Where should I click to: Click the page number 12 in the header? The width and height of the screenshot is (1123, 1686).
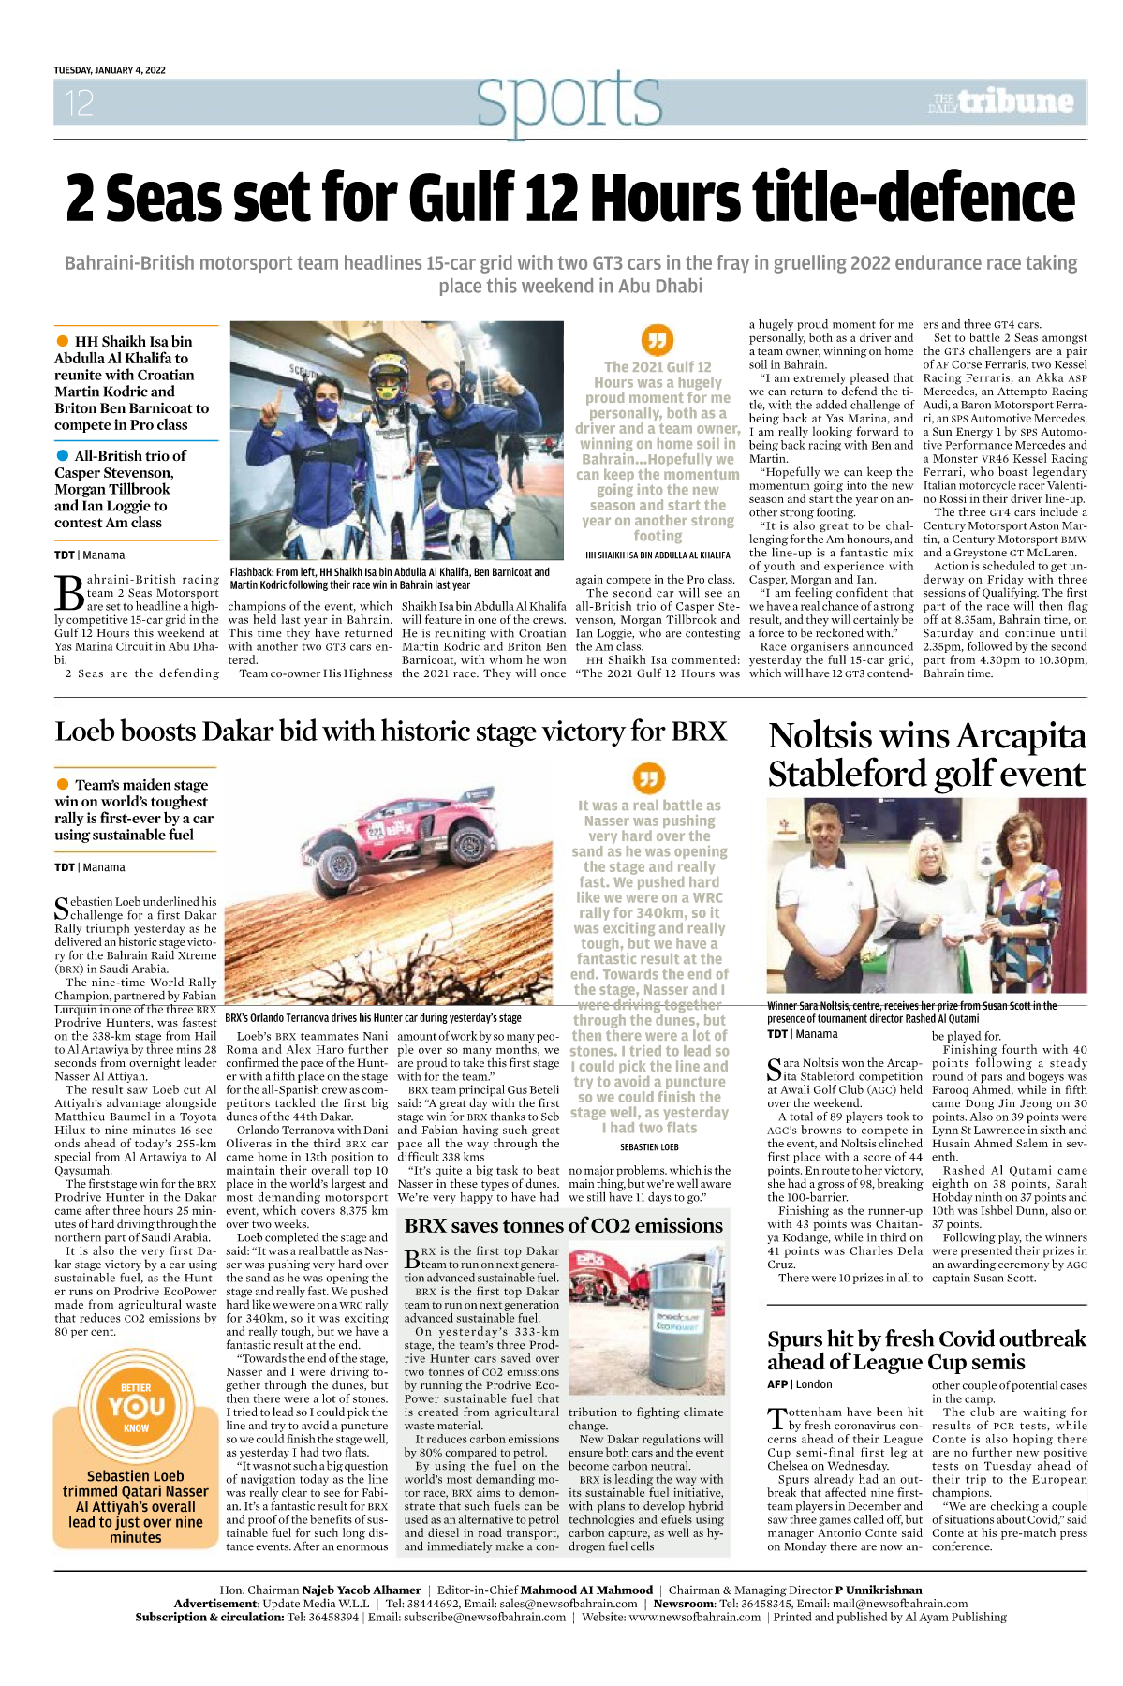coord(79,103)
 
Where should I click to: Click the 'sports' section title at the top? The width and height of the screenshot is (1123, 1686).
coord(568,100)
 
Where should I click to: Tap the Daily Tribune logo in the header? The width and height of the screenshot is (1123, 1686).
coord(1000,102)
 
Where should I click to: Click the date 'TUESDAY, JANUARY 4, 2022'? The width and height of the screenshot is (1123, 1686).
coord(110,70)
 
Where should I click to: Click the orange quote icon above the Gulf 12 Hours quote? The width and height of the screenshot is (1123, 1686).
coord(657,340)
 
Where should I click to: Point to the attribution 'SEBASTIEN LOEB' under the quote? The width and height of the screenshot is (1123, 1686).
coord(649,1146)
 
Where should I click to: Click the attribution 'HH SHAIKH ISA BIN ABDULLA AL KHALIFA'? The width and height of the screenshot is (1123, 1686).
coord(658,555)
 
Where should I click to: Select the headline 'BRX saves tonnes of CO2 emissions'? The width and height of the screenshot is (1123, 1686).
coord(564,1226)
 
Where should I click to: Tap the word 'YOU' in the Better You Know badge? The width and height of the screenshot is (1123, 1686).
coord(137,1407)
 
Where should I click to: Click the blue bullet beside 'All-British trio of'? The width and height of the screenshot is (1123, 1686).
coord(63,455)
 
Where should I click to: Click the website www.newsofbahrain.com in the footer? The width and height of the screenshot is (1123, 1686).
coord(694,1617)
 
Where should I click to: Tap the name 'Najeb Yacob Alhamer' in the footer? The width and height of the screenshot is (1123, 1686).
coord(362,1590)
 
